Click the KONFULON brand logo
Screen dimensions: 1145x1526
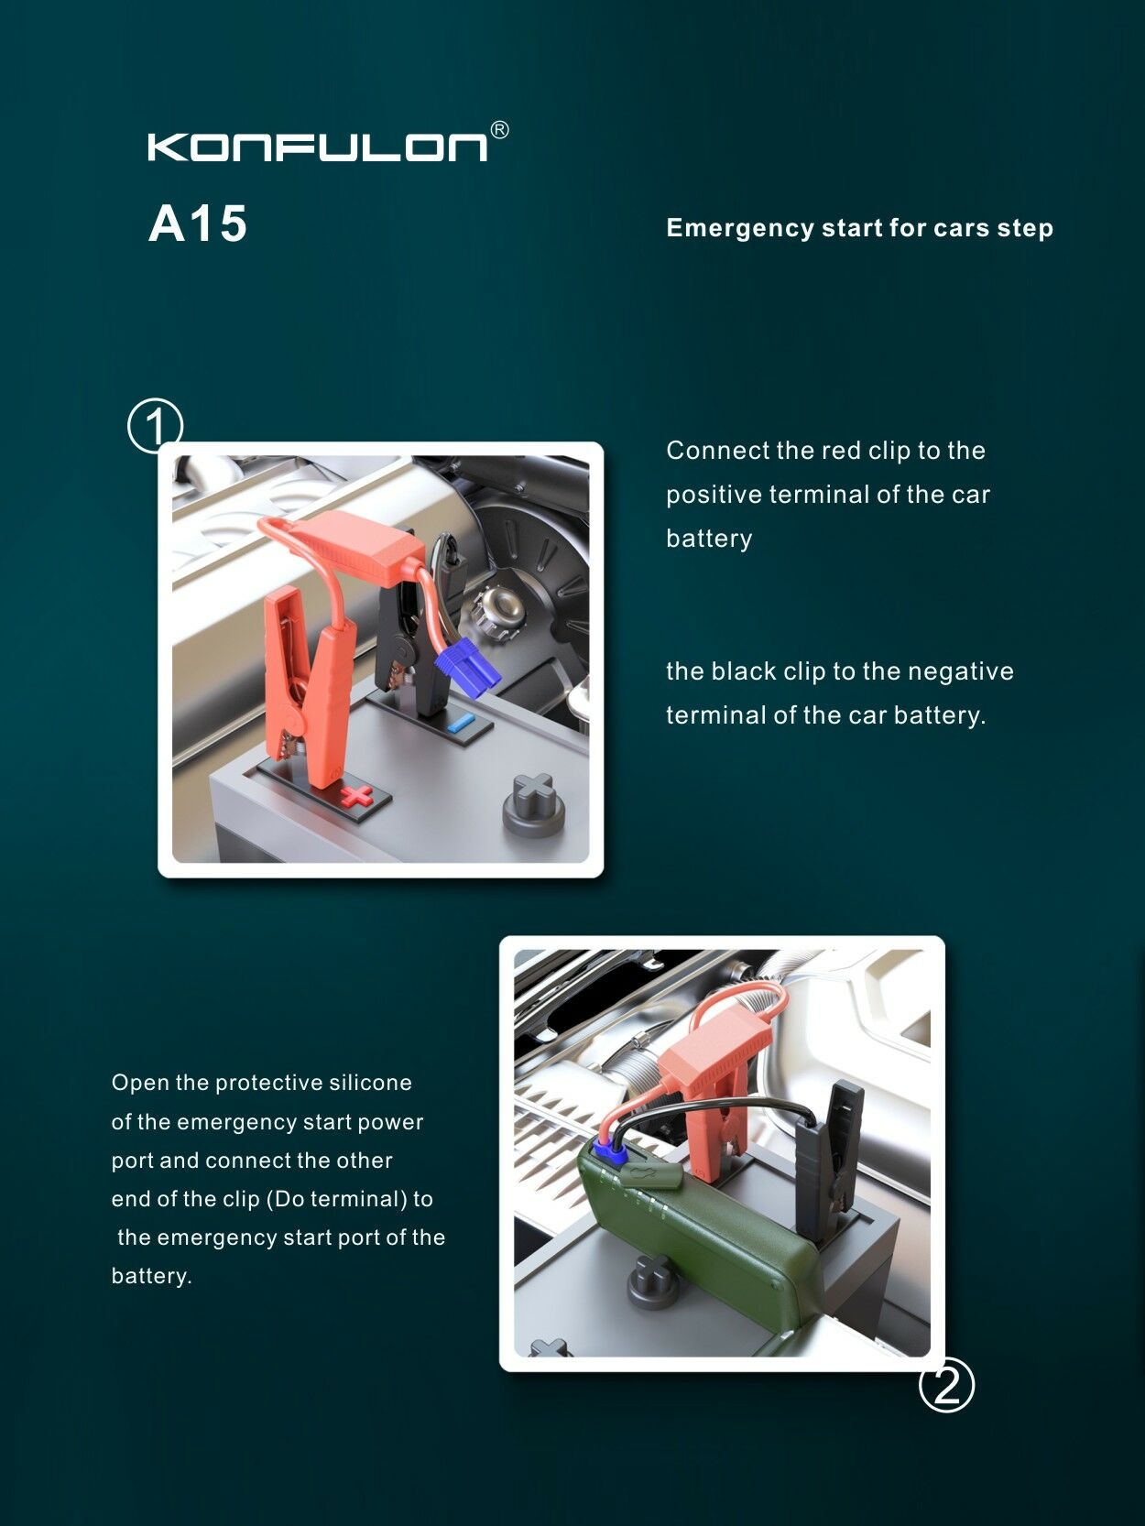click(x=318, y=147)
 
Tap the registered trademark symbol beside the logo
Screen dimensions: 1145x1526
click(x=500, y=130)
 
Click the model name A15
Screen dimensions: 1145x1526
click(x=198, y=223)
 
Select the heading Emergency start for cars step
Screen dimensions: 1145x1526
click(x=859, y=228)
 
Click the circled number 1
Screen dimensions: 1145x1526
click(x=155, y=426)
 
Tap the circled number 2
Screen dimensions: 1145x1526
click(x=946, y=1385)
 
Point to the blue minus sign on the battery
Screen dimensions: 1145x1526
click(x=462, y=723)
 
